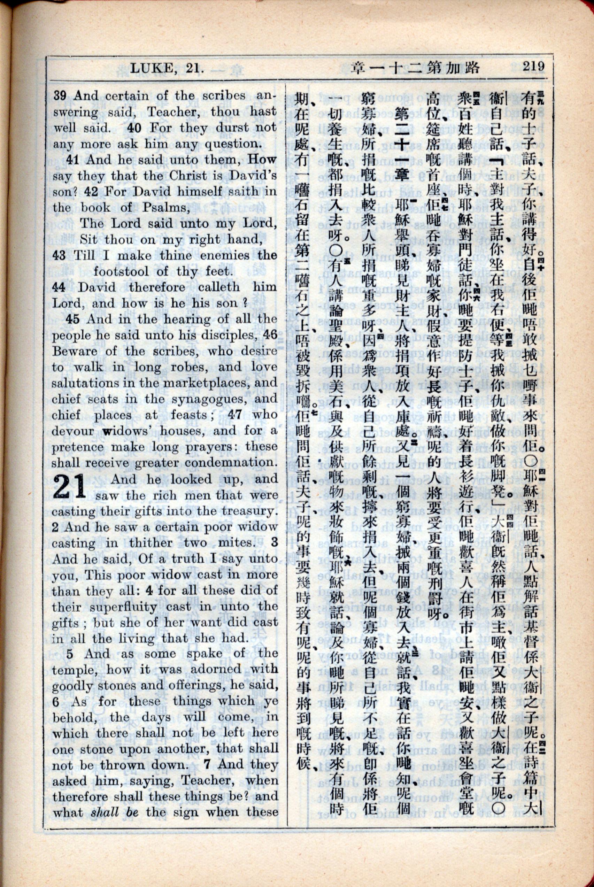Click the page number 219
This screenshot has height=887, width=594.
[x=533, y=66]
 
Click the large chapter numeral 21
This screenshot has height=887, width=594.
[x=70, y=487]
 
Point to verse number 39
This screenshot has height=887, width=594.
[x=60, y=95]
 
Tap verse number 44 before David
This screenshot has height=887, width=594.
[x=59, y=287]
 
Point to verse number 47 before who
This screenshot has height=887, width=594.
[x=235, y=414]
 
